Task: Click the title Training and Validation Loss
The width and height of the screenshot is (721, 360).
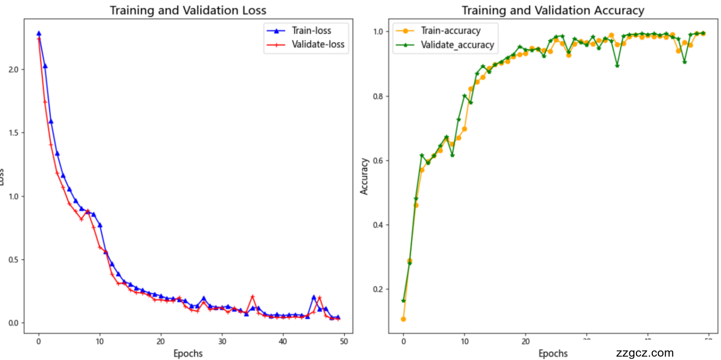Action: [188, 10]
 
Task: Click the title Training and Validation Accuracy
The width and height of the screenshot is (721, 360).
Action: [553, 10]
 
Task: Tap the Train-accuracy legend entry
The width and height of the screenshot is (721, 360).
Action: [451, 30]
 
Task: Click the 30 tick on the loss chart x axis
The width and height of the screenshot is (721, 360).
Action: [222, 341]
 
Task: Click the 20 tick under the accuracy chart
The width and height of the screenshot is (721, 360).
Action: [526, 341]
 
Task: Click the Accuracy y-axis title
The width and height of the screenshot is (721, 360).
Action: [364, 176]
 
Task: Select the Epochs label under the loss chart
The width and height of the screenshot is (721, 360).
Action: [188, 354]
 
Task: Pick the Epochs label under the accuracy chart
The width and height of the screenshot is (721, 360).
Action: [553, 354]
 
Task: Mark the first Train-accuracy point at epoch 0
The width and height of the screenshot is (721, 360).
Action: [403, 319]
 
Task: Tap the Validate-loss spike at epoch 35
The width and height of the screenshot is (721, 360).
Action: [252, 296]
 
